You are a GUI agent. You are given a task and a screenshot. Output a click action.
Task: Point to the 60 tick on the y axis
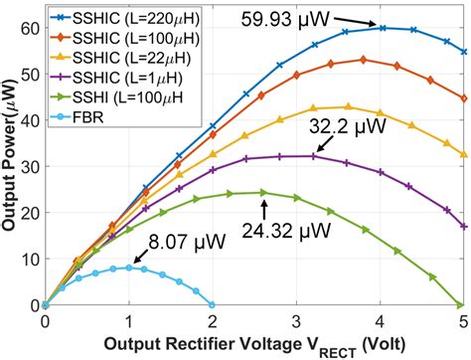[29, 29]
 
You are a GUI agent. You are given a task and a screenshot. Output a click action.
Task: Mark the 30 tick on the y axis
[29, 167]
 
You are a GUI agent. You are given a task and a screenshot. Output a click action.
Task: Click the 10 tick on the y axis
[29, 259]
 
